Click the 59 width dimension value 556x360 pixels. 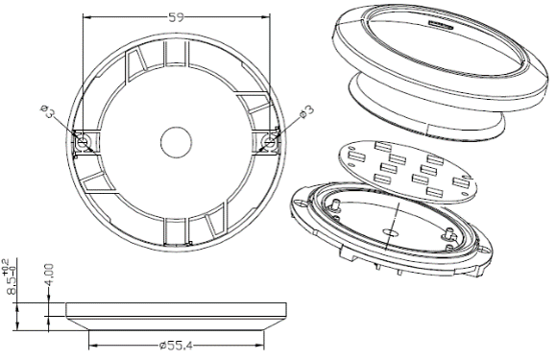click(177, 17)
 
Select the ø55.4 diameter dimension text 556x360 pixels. click(177, 345)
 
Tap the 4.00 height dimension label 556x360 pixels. click(49, 275)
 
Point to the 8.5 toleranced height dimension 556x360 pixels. click(11, 285)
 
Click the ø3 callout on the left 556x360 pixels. click(47, 111)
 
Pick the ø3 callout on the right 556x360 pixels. click(306, 111)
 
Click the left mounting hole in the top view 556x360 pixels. click(83, 142)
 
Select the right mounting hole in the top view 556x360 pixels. click(270, 142)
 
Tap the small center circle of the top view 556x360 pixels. click(177, 142)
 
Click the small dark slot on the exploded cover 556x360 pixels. click(441, 25)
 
